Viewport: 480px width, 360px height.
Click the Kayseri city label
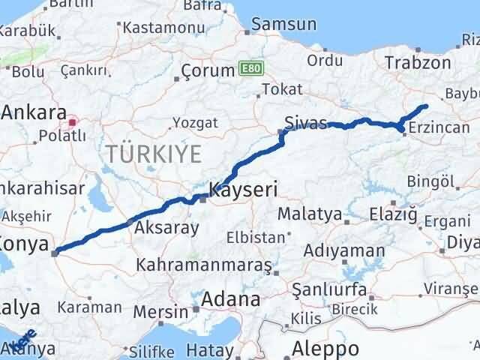click(x=243, y=190)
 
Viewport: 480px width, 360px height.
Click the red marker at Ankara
click(x=73, y=121)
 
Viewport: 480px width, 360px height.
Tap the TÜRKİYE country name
click(x=154, y=154)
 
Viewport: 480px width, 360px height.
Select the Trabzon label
click(x=415, y=63)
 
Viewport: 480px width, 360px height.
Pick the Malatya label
click(x=309, y=214)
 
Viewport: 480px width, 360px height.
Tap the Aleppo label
click(x=325, y=349)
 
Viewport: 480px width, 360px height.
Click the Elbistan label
click(x=256, y=238)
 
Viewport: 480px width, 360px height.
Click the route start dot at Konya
click(x=55, y=253)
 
